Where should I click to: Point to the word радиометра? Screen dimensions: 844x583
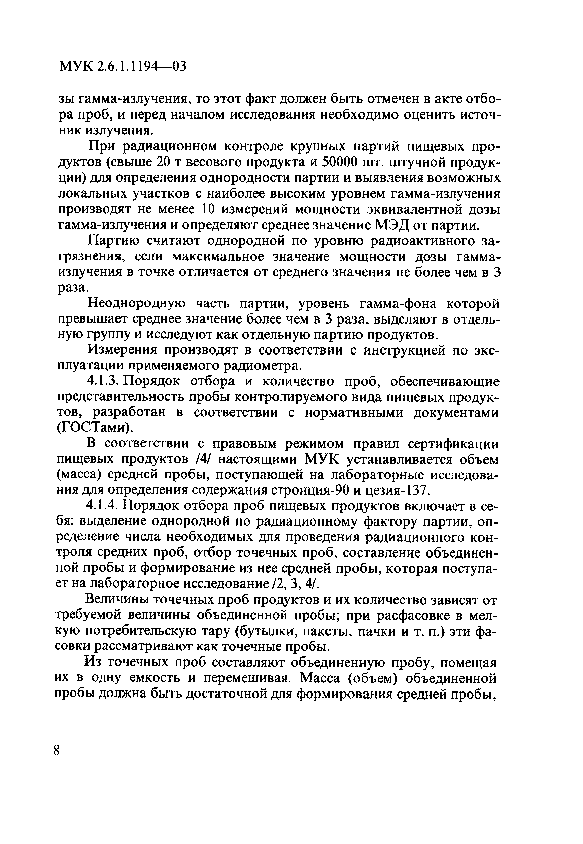[x=264, y=366]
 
